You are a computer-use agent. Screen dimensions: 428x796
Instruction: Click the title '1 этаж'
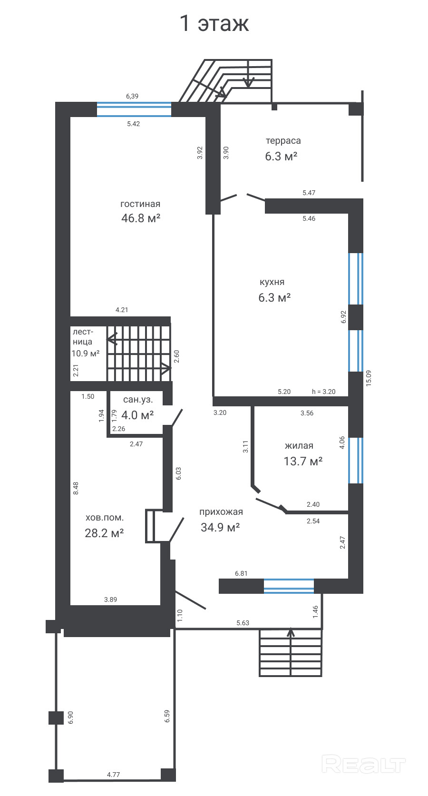(214, 24)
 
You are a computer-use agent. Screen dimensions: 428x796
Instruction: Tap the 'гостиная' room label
(140, 204)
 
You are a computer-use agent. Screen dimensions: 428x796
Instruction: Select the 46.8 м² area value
(141, 218)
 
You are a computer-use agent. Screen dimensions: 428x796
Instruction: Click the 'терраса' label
(283, 141)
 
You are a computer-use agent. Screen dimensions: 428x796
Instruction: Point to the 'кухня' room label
(272, 282)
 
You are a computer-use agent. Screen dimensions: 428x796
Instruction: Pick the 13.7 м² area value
(303, 461)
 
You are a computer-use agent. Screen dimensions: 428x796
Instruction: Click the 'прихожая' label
(221, 512)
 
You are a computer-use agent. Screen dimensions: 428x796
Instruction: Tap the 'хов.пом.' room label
(105, 518)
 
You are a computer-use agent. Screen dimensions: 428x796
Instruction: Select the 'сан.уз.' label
(138, 400)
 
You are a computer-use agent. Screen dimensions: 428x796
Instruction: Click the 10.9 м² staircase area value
(86, 354)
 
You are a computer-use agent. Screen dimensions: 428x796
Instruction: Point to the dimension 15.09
(369, 378)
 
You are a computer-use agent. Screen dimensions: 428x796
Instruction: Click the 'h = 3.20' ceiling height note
(323, 392)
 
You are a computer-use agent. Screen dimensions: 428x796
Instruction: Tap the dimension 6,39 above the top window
(132, 96)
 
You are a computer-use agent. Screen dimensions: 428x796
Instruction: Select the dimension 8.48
(76, 488)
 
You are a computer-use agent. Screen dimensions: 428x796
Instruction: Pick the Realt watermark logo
(364, 765)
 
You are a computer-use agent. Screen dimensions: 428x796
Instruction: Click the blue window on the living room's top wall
(134, 109)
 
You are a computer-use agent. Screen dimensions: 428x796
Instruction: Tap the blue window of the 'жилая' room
(356, 461)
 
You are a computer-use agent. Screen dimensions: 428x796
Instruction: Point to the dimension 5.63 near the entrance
(243, 623)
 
